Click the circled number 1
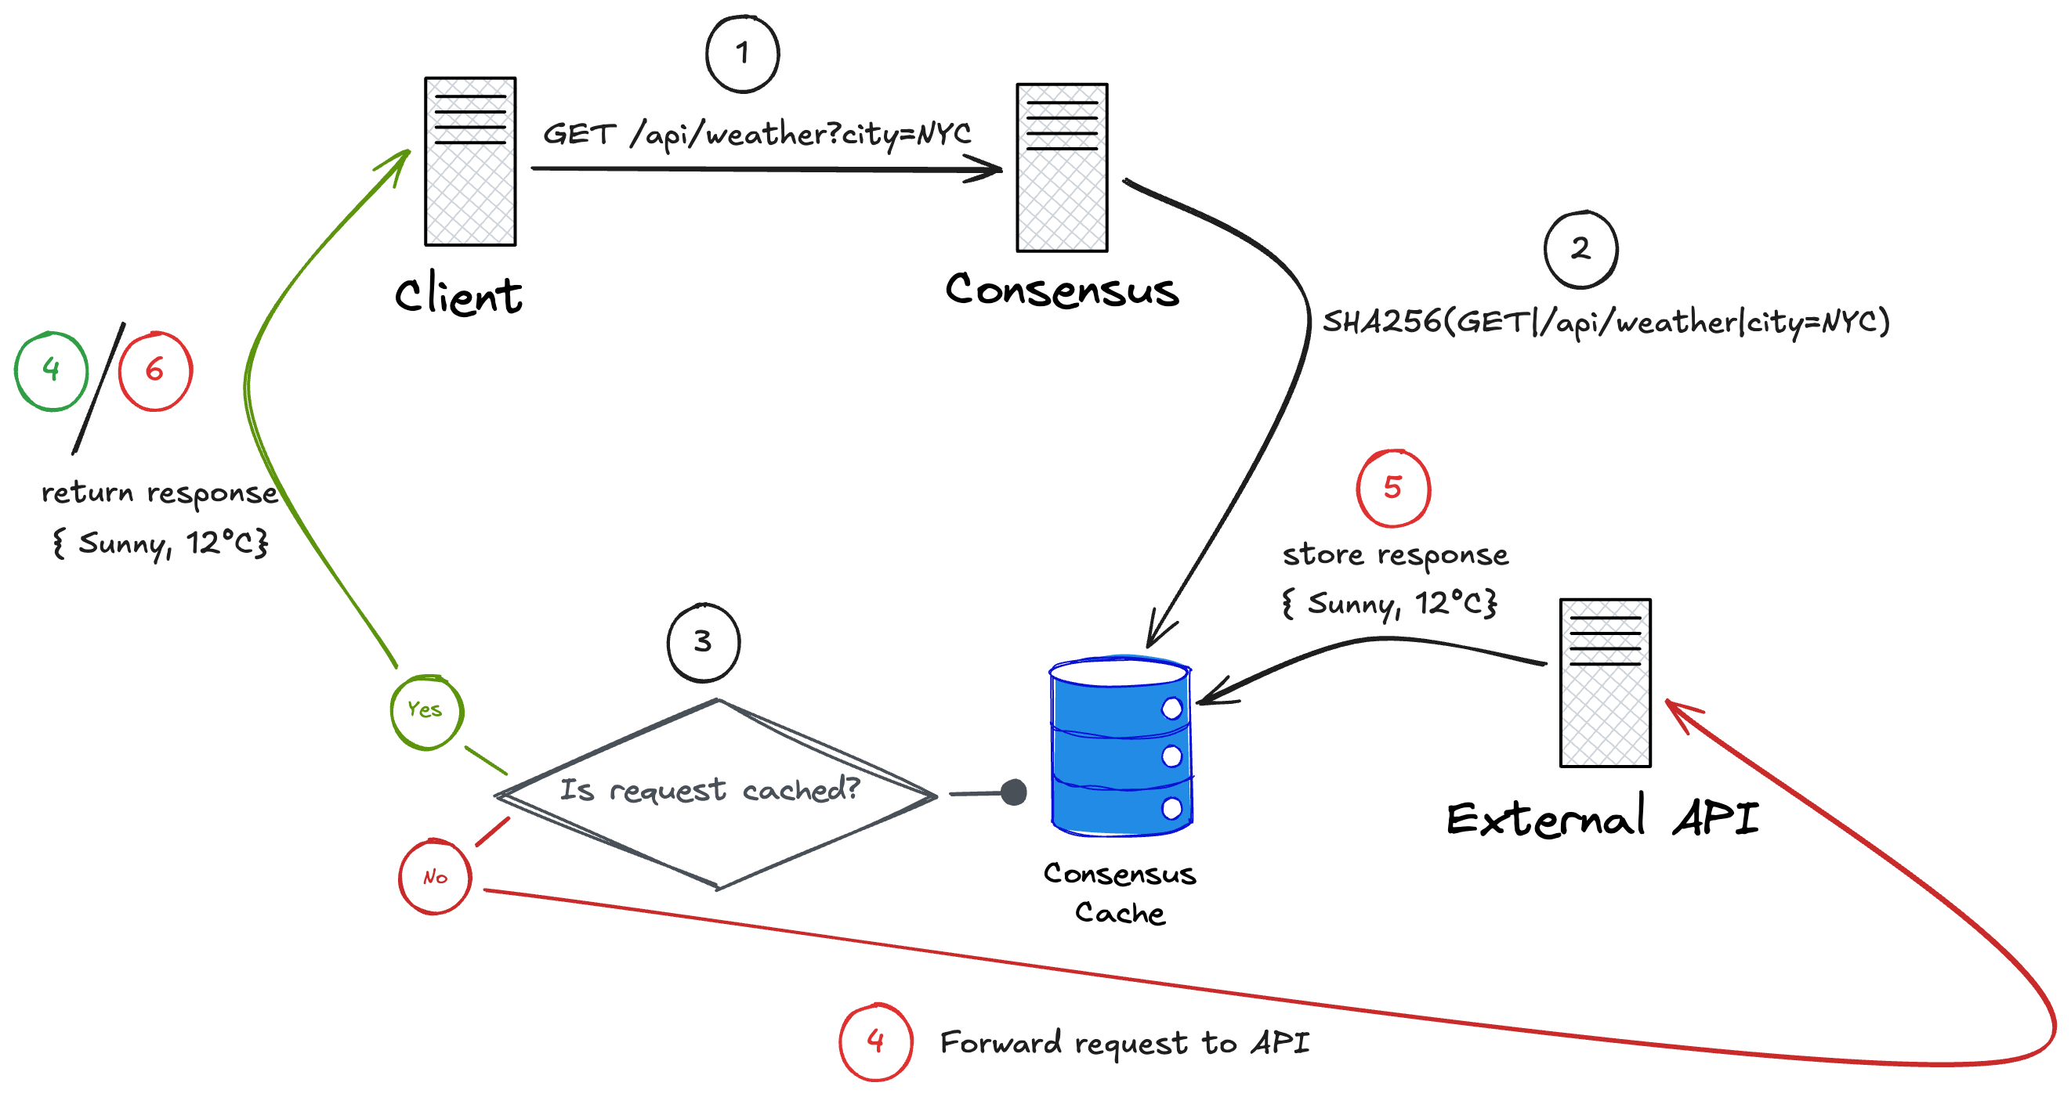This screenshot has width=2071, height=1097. click(x=742, y=54)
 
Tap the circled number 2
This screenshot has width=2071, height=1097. click(x=1580, y=249)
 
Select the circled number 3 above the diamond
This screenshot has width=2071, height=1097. click(x=703, y=642)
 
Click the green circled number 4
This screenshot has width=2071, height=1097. click(x=52, y=370)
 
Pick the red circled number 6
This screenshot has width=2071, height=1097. click(x=155, y=370)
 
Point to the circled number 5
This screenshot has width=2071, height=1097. click(x=1392, y=488)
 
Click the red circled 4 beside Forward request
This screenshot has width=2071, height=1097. click(x=875, y=1041)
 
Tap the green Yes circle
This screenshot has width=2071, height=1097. click(x=426, y=711)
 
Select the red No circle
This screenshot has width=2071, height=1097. click(x=435, y=877)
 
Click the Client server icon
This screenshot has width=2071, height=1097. click(x=470, y=161)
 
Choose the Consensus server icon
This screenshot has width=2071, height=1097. click(x=1061, y=167)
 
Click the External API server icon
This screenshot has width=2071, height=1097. click(x=1605, y=682)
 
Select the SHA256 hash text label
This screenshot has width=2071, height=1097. click(x=1605, y=322)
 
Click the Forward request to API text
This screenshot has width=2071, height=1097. click(x=1124, y=1042)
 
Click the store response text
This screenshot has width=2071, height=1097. click(x=1395, y=554)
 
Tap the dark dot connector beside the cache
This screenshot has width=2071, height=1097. click(x=1014, y=792)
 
